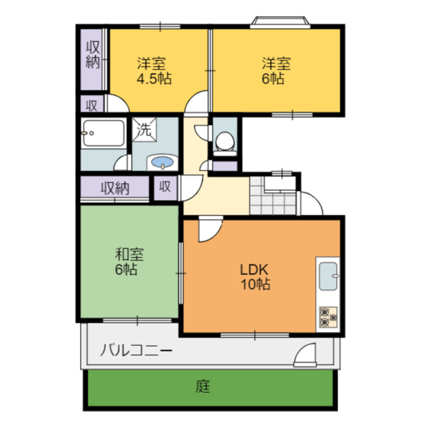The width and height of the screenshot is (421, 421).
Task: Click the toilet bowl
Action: coord(225,141)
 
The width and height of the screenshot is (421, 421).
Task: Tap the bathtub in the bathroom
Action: coord(103,133)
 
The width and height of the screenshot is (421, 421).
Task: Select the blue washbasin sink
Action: coord(162,162)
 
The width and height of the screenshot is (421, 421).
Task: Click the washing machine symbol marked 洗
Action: coord(144,130)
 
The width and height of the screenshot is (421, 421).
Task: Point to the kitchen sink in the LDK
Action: coord(328,276)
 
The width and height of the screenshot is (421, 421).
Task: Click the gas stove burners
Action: coord(328,317)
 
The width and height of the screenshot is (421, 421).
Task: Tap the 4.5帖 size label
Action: coord(154,79)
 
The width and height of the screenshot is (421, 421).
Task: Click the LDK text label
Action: coord(254,270)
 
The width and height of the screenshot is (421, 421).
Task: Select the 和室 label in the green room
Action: coord(129,255)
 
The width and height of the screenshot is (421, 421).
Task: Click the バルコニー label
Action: coord(136,350)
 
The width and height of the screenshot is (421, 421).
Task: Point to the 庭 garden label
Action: coord(203,387)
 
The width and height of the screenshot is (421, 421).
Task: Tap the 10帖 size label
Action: coord(255,284)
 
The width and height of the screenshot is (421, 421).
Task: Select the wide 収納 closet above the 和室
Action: coord(115,187)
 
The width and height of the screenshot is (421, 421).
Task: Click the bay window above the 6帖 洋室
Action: coord(280,22)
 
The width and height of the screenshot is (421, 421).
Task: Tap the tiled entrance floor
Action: coord(273,196)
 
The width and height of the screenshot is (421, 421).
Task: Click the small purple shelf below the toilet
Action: coord(225,166)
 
